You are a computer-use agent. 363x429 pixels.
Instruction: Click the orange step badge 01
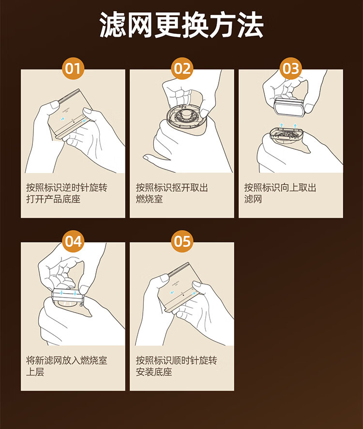point(73,69)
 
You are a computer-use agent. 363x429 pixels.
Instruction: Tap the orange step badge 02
point(182,69)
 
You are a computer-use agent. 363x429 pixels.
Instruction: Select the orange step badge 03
point(290,69)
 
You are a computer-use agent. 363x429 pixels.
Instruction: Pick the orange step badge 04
point(73,242)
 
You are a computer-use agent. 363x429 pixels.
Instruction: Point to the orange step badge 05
point(182,242)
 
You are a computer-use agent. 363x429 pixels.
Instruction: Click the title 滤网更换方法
point(181,25)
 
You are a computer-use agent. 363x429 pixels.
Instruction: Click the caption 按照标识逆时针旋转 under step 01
point(67,187)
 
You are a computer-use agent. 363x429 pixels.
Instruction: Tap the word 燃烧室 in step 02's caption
point(150,199)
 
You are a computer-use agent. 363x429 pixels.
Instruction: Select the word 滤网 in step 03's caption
point(253,199)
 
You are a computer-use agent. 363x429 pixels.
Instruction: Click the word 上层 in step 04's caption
point(35,372)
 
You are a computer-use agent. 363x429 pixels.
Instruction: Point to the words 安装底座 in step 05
point(154,372)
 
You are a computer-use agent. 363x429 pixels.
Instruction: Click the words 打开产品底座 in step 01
point(53,199)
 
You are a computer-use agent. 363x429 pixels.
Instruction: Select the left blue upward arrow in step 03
point(281,126)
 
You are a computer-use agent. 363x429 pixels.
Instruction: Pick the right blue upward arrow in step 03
point(295,126)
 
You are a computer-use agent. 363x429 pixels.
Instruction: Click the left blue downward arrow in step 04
point(61,292)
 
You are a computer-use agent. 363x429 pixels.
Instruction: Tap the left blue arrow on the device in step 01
point(63,119)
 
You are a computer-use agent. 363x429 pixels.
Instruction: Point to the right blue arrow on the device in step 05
point(194,293)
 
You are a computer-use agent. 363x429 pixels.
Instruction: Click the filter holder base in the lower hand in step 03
point(287,135)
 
